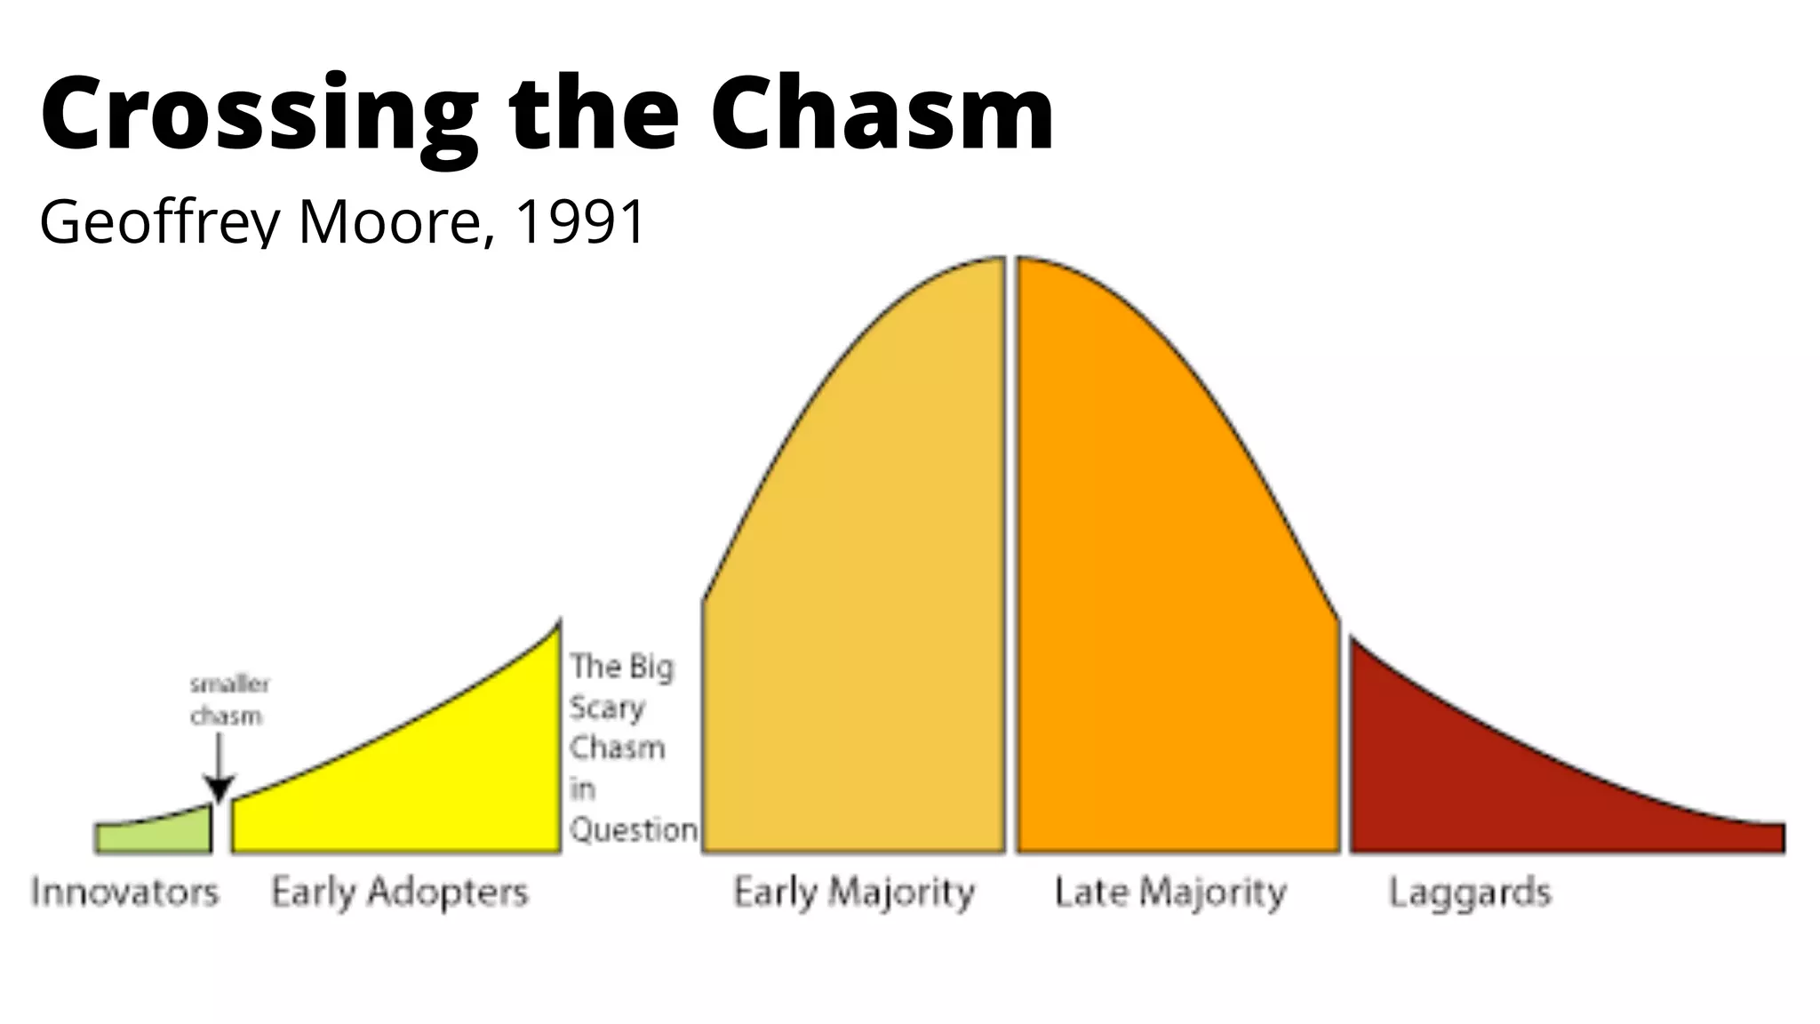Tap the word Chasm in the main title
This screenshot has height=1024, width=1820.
pyautogui.click(x=882, y=114)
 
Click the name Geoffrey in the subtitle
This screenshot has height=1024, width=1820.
pyautogui.click(x=161, y=222)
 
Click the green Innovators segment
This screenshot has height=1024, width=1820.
pyautogui.click(x=153, y=836)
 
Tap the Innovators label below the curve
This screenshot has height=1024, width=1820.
pyautogui.click(x=125, y=892)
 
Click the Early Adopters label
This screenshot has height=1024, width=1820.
pyautogui.click(x=400, y=892)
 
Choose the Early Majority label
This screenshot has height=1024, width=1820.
pyautogui.click(x=854, y=892)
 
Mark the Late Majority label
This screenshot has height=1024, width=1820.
pyautogui.click(x=1170, y=892)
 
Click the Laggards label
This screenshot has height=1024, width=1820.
pyautogui.click(x=1470, y=892)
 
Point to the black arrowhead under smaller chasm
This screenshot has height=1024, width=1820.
pyautogui.click(x=219, y=788)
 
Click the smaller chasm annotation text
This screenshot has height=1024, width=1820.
pyautogui.click(x=228, y=700)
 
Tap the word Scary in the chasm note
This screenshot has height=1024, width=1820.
pyautogui.click(x=607, y=708)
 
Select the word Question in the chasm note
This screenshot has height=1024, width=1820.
pyautogui.click(x=634, y=829)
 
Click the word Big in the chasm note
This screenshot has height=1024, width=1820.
pyautogui.click(x=651, y=667)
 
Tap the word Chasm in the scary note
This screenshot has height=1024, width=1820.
pyautogui.click(x=617, y=748)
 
